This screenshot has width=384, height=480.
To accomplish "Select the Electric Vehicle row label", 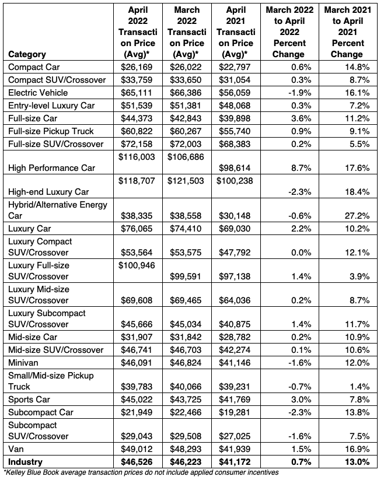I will (x=38, y=92).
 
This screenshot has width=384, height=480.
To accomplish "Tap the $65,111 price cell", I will (x=135, y=92).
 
